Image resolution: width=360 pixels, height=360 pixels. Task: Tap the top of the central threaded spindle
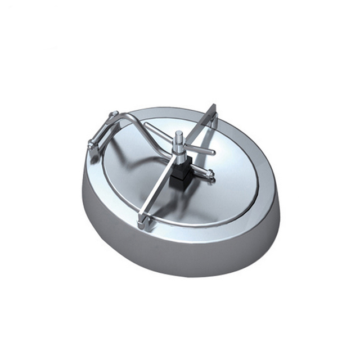pos(178,134)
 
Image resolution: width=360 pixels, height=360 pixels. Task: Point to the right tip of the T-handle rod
pos(213,152)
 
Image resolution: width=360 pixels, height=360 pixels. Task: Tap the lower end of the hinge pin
pos(91,146)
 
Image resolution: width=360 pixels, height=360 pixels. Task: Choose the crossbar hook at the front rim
pos(141,224)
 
